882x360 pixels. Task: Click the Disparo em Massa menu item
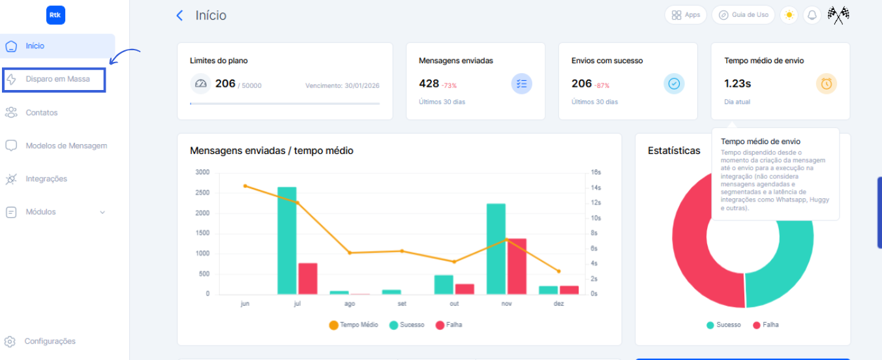57,80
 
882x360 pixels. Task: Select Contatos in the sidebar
42,113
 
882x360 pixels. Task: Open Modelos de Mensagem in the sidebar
66,146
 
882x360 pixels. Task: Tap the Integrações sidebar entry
46,179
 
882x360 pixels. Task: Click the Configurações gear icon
10,342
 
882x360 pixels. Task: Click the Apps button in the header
686,15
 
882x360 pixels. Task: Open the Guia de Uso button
743,15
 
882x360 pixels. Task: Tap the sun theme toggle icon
789,15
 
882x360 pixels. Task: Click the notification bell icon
812,15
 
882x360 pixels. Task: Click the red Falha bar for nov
517,266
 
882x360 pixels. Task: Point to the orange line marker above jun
245,186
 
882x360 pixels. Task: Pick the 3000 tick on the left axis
202,172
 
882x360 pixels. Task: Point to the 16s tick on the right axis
596,172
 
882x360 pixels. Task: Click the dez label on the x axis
558,304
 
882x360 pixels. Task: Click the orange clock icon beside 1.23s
827,83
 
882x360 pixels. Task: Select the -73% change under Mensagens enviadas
449,85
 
